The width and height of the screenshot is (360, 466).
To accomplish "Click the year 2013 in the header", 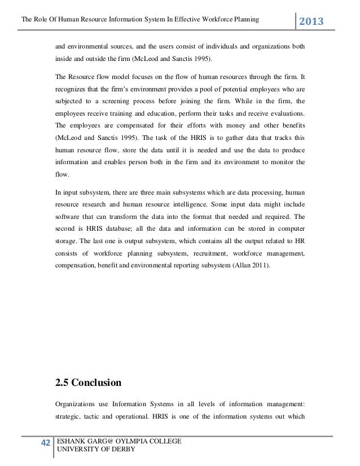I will (x=315, y=22).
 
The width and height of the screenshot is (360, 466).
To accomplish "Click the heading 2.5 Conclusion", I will (x=88, y=383).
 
